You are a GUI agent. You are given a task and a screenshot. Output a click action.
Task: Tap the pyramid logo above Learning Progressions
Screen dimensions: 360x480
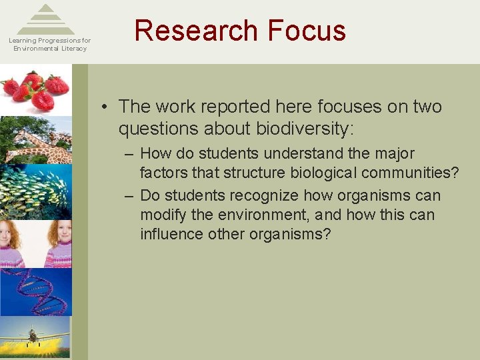click(45, 19)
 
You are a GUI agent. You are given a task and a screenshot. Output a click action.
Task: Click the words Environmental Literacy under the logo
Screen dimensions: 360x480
click(50, 49)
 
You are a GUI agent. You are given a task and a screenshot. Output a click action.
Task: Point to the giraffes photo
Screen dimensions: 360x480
click(37, 141)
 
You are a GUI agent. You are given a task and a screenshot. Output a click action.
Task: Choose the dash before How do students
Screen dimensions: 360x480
click(129, 154)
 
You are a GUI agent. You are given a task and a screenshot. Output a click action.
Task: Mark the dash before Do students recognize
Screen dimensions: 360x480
click(129, 196)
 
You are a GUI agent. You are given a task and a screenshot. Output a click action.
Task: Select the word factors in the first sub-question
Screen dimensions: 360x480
click(162, 173)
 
